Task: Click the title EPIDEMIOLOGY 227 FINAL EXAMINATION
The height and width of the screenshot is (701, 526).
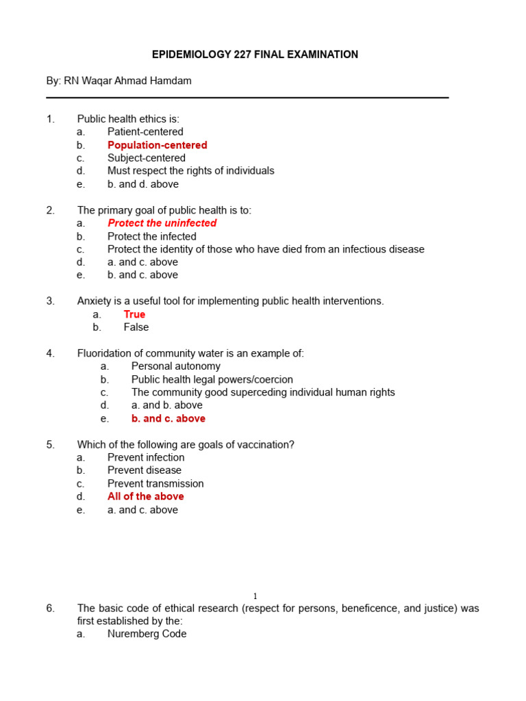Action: tap(254, 55)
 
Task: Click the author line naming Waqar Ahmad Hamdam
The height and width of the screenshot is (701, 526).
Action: tap(119, 81)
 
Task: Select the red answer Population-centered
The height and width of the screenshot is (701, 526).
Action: tap(157, 145)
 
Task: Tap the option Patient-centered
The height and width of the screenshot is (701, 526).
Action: tap(145, 132)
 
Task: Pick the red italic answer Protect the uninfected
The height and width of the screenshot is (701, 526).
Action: tap(162, 223)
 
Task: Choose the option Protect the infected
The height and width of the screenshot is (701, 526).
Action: tap(151, 236)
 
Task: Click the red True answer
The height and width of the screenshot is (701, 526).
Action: tap(134, 314)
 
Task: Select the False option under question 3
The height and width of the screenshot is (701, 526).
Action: tap(136, 327)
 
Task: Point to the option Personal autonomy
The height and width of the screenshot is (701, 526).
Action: tap(176, 366)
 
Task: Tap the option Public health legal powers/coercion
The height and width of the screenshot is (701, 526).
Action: tap(212, 379)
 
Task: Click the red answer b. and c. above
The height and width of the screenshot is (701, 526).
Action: tap(168, 418)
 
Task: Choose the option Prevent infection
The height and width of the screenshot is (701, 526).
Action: tap(146, 457)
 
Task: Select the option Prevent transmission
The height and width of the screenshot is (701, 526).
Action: tap(155, 483)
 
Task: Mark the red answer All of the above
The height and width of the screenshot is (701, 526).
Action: tap(145, 496)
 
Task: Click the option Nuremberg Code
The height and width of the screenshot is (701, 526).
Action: tap(147, 634)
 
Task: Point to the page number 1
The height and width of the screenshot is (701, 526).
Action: tap(255, 596)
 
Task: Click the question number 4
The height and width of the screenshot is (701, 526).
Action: tap(51, 353)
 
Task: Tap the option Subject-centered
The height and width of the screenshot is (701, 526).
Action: tap(146, 158)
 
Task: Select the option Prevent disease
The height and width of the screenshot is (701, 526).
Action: tap(145, 470)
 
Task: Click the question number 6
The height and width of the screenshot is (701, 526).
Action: tap(51, 608)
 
